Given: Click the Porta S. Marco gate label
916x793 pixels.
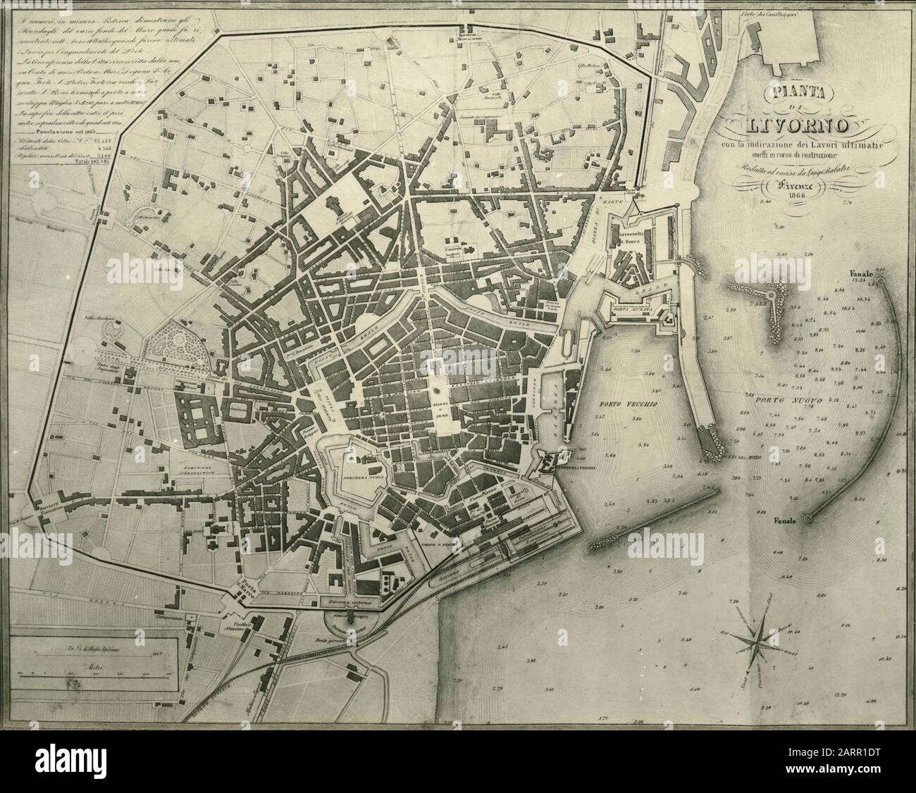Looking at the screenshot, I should point(244,587).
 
